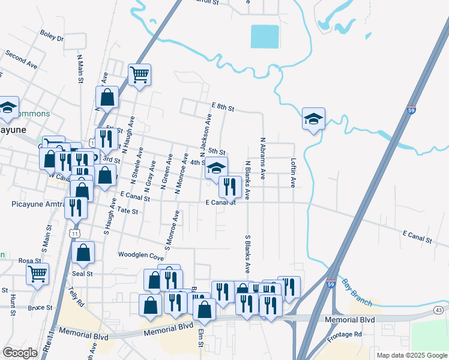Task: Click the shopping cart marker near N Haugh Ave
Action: tap(139, 76)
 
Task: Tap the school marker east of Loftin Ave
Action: tap(313, 119)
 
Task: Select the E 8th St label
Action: tap(222, 107)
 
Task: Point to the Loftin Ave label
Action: tap(294, 173)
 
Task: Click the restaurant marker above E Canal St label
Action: tap(230, 187)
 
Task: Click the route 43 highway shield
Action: tap(439, 310)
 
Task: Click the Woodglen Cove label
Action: tap(141, 254)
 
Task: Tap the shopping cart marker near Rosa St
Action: tap(38, 274)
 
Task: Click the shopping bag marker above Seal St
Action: tap(83, 253)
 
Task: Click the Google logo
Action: tap(20, 353)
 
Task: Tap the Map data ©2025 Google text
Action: tap(412, 355)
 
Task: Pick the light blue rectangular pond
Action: tap(265, 37)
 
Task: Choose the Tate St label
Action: tap(128, 211)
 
